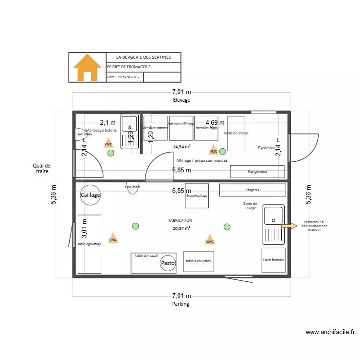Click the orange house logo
87,67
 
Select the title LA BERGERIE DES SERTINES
144,57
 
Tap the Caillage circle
90,195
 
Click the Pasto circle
168,263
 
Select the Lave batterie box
274,260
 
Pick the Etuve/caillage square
197,196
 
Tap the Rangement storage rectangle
257,171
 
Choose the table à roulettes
198,262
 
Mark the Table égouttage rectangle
89,244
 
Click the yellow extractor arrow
289,225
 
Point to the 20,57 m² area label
182,228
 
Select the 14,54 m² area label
182,146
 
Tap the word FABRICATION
180,220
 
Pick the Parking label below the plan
181,304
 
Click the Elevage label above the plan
181,100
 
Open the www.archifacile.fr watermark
330,332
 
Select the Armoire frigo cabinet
207,128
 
